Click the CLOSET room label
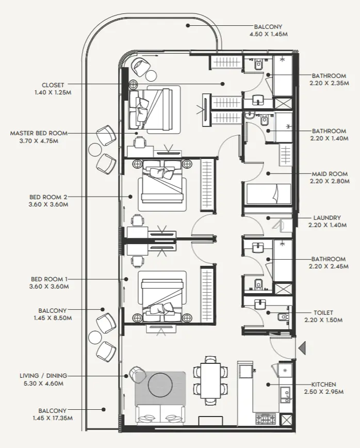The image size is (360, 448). point(53,85)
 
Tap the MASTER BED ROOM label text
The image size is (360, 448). point(39,133)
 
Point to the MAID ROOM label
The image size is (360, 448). point(330,174)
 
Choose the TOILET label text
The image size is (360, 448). point(323,313)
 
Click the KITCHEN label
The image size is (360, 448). point(323,385)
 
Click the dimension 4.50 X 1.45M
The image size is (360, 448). point(268,34)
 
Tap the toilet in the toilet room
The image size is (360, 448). point(283,316)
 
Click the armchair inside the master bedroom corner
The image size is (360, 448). point(141,66)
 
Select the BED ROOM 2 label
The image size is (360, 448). point(49,197)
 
